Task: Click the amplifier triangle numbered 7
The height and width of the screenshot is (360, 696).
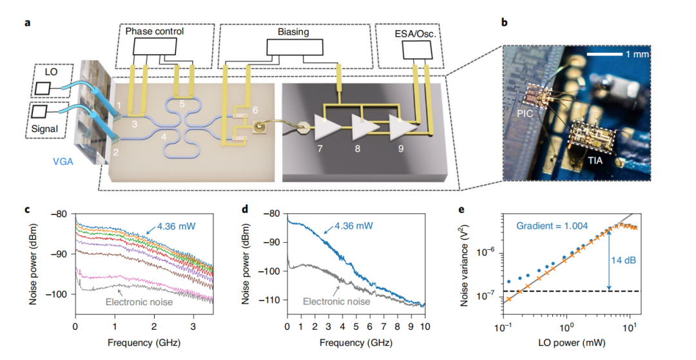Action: pos(326,128)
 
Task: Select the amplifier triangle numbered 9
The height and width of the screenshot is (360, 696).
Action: pos(401,128)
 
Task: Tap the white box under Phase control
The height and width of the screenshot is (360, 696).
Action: pos(155,46)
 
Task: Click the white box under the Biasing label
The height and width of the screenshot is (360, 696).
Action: pos(295,47)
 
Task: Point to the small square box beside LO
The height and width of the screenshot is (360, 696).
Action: pos(43,88)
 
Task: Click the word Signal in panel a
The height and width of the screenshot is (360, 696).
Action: pos(45,129)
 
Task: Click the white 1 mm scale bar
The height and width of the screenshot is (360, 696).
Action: pos(605,54)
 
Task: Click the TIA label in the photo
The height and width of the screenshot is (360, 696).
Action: pos(595,160)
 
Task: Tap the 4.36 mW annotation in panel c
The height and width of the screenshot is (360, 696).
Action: pos(175,227)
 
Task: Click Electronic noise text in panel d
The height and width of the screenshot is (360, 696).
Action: pos(336,301)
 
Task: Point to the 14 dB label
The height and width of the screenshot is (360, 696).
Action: pos(624,261)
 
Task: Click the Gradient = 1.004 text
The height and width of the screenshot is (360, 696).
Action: pos(552,226)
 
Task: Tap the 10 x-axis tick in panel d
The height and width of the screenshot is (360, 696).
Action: pos(425,327)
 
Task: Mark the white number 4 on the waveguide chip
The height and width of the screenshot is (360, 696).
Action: pos(164,137)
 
